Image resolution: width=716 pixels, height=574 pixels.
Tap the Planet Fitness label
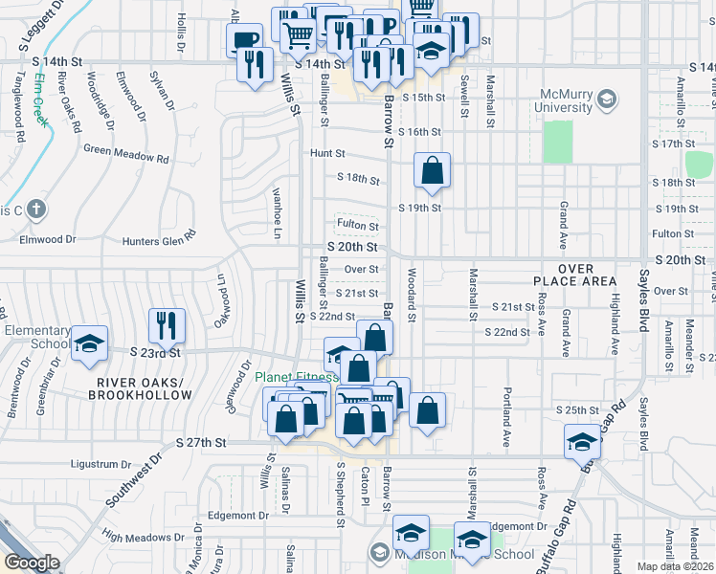(296, 377)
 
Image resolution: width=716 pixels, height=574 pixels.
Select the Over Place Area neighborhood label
(575, 276)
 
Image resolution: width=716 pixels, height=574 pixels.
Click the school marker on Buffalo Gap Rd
(581, 443)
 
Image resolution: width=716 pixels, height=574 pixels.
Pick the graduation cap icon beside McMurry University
(605, 99)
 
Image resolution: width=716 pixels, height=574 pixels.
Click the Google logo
(32, 563)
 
